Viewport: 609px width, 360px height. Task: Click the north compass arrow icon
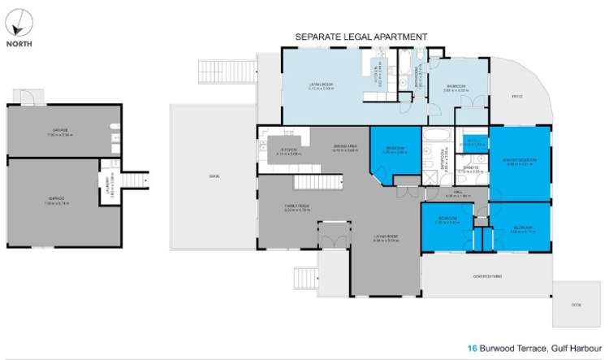click(x=21, y=20)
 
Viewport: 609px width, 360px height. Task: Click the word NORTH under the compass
click(x=21, y=45)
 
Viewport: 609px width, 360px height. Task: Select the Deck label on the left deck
click(x=214, y=176)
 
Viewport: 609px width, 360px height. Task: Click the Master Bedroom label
click(x=517, y=161)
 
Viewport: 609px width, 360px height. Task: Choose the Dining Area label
click(x=345, y=147)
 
